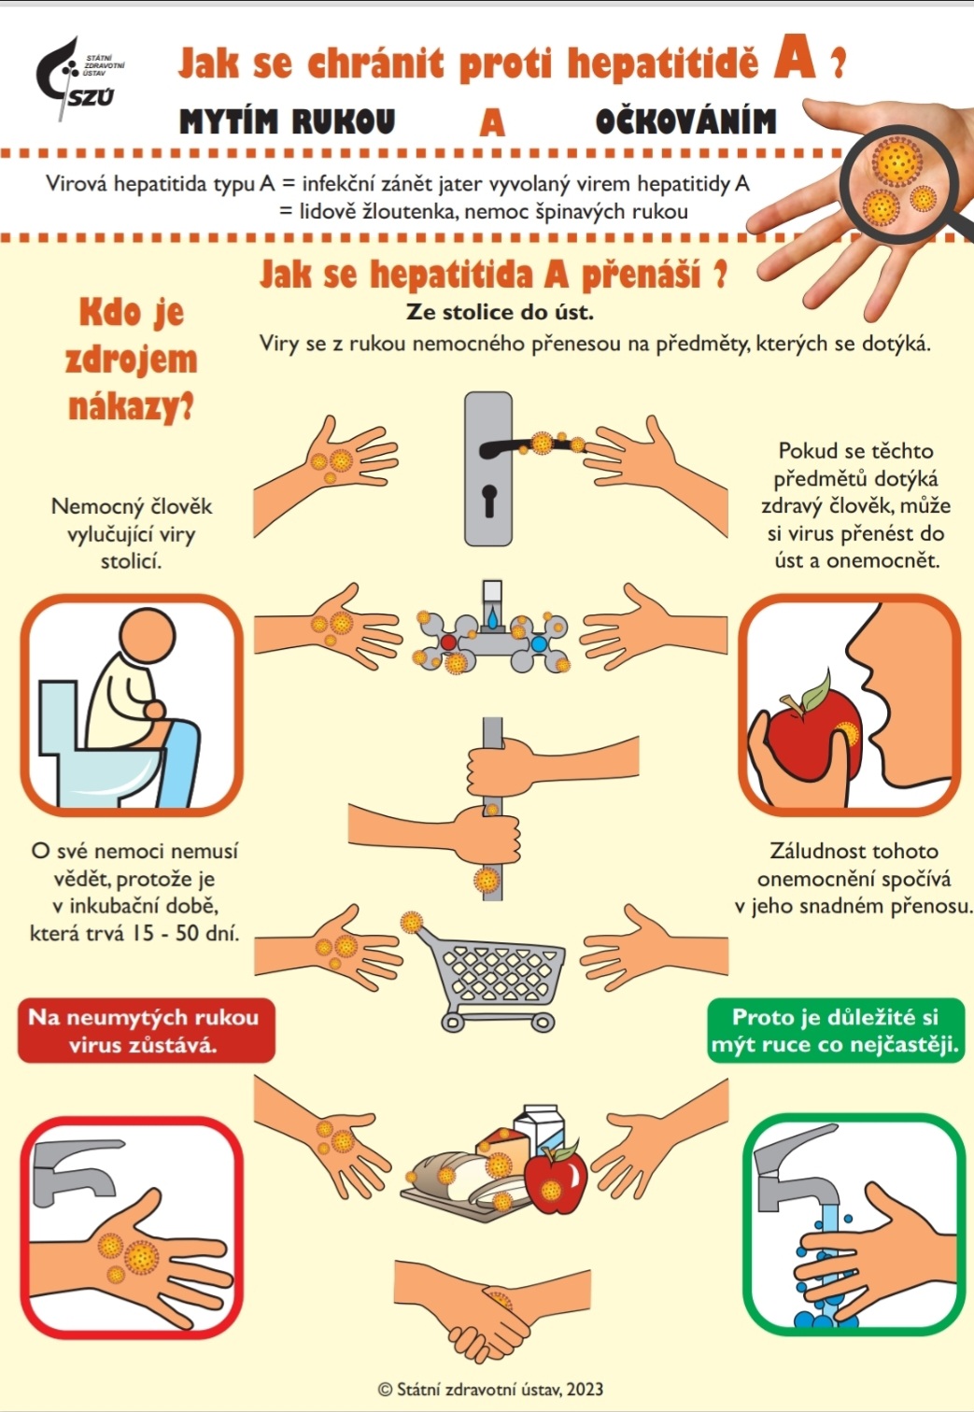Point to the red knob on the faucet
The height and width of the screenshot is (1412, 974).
[x=448, y=642]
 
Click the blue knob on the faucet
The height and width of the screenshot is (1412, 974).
[x=539, y=643]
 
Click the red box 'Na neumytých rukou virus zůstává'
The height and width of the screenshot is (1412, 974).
[x=147, y=1030]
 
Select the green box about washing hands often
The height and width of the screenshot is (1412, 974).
[x=835, y=1030]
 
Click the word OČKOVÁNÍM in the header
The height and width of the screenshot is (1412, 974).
[x=685, y=121]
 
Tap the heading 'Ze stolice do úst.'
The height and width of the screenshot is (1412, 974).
[x=500, y=312]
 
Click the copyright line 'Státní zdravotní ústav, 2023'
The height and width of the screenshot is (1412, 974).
[x=490, y=1389]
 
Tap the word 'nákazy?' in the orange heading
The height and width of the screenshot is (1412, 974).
[x=131, y=407]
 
